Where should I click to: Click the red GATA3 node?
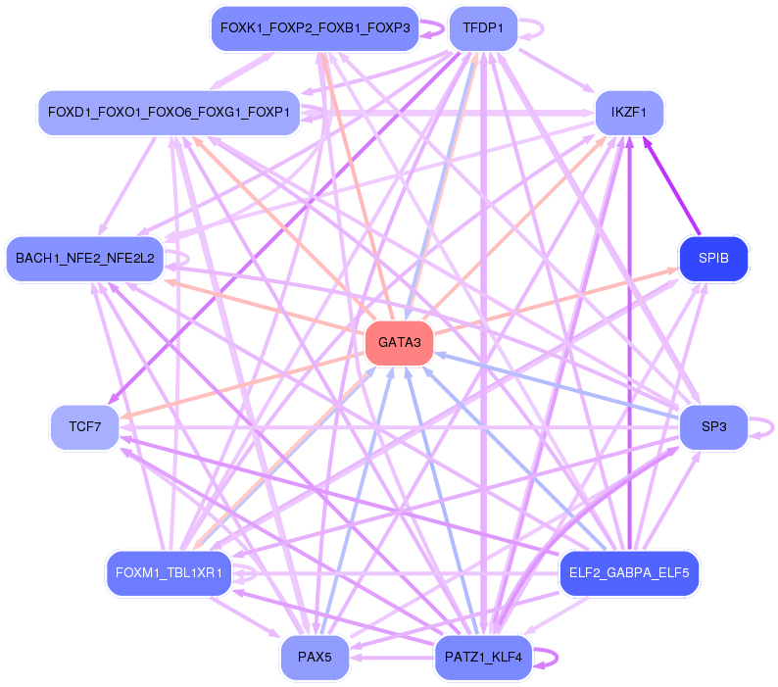[399, 343]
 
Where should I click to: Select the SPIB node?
[713, 260]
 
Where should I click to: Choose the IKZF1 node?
[629, 113]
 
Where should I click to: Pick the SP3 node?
[713, 427]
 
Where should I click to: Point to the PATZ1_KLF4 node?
[482, 657]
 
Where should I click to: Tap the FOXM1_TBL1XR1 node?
[169, 572]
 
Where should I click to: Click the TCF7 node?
[84, 427]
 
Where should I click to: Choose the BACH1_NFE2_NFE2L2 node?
[84, 260]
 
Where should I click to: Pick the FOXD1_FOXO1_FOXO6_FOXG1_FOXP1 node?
[169, 113]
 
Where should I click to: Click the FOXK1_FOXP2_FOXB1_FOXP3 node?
[315, 29]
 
